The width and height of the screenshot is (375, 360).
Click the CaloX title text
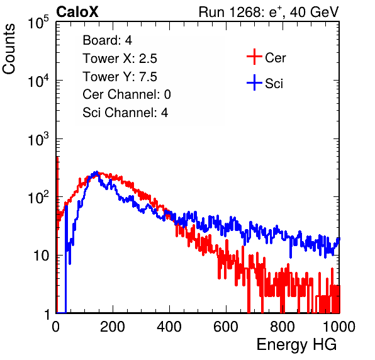point(77,12)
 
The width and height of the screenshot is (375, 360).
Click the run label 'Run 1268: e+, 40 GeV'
point(269,12)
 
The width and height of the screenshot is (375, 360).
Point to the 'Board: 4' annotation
point(107,40)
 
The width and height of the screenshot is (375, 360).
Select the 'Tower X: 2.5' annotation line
point(120,59)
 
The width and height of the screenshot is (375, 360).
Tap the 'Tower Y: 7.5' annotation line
point(120,77)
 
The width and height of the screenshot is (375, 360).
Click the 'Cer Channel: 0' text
point(126,94)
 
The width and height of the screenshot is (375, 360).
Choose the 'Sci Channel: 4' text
point(125,113)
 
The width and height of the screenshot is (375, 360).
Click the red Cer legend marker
point(254,57)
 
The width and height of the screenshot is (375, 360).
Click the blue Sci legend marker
point(254,82)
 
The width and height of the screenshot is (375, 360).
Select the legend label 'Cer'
point(275,58)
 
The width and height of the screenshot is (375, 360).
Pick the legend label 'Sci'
point(274,84)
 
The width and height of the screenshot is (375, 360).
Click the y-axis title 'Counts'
point(9,49)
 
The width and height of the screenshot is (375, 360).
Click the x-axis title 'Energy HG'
point(296,344)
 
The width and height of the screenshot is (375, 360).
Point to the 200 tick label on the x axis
point(113,327)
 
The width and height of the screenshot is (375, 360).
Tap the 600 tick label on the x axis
point(226,327)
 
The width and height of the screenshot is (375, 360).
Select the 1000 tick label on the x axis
point(339,327)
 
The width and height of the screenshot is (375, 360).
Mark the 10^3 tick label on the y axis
point(38,139)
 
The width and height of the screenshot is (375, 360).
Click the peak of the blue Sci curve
point(97,172)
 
